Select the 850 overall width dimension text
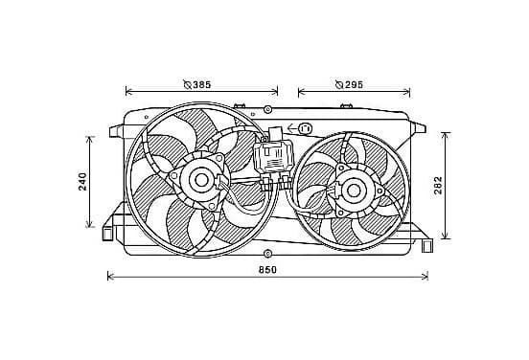[267, 270]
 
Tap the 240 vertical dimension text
[83, 182]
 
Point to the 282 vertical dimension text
[438, 186]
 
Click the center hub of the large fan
[201, 181]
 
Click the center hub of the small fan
[354, 191]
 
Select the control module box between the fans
[273, 156]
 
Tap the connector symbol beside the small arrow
[305, 128]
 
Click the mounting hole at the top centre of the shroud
[267, 109]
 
